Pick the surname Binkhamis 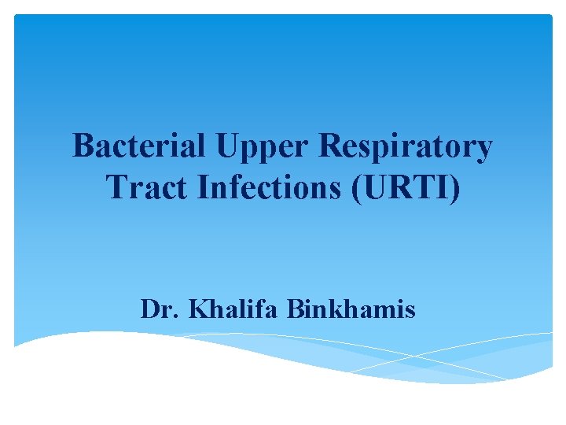click(351, 309)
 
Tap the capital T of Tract click(115, 187)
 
